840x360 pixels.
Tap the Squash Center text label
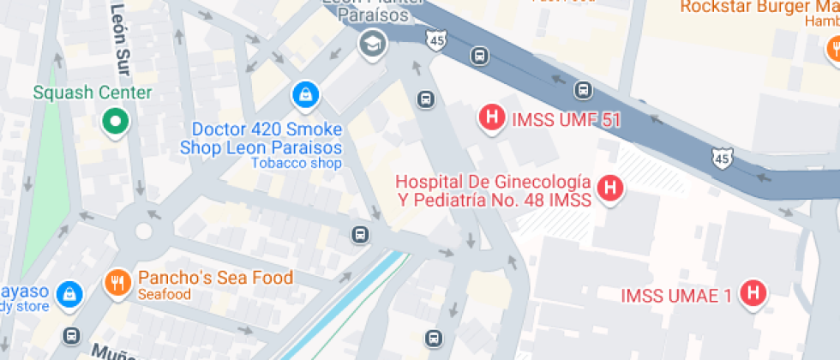(93, 93)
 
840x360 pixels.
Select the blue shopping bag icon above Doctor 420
(304, 94)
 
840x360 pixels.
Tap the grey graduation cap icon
(372, 44)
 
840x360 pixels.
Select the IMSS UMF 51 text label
(566, 119)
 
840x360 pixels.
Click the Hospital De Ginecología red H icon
(609, 188)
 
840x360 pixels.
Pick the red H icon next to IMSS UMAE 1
(753, 292)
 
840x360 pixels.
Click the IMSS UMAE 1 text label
(676, 297)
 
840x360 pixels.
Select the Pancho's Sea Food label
(215, 278)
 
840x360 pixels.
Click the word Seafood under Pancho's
(164, 295)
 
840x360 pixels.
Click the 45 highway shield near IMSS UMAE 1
(723, 157)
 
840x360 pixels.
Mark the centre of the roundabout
(143, 231)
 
